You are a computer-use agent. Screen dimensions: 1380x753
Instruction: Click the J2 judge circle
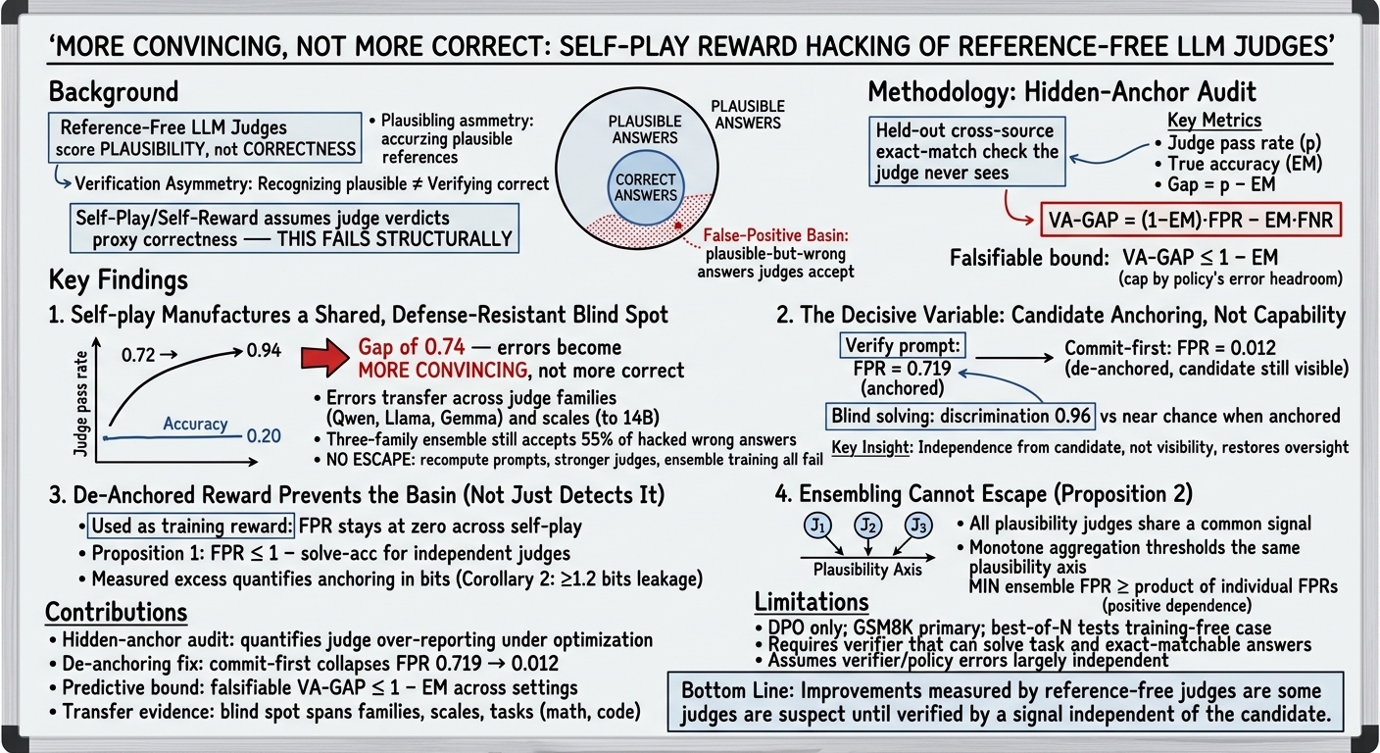tap(868, 526)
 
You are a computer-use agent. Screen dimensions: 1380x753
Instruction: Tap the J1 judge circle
tap(817, 526)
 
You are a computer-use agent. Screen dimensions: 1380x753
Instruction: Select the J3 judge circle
tap(918, 526)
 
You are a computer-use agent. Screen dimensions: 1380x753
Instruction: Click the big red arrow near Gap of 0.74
tap(324, 358)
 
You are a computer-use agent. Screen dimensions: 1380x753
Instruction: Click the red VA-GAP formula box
tap(1190, 220)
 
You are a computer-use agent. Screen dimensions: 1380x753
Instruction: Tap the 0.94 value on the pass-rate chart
tap(264, 351)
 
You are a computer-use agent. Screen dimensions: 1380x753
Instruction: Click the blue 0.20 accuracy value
tap(264, 436)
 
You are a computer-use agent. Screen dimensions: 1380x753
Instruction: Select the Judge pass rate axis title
tap(80, 404)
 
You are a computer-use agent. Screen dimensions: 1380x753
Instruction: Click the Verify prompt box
tap(903, 346)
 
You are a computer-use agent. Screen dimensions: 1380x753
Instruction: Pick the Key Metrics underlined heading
tap(1214, 121)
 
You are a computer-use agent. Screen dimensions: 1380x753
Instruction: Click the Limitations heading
tap(812, 602)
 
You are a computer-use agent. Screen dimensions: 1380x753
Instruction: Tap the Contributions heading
tap(116, 613)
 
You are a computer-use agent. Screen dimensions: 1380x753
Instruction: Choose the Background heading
tap(114, 92)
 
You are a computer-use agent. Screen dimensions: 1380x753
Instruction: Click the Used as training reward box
tap(191, 526)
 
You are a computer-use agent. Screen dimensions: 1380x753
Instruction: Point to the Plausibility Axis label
tap(867, 570)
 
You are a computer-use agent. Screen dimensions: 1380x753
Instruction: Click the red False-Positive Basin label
tap(775, 235)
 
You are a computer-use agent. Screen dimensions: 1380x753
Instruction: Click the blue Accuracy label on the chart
tap(195, 424)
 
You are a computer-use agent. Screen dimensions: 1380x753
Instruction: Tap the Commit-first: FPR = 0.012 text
tap(1170, 348)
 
